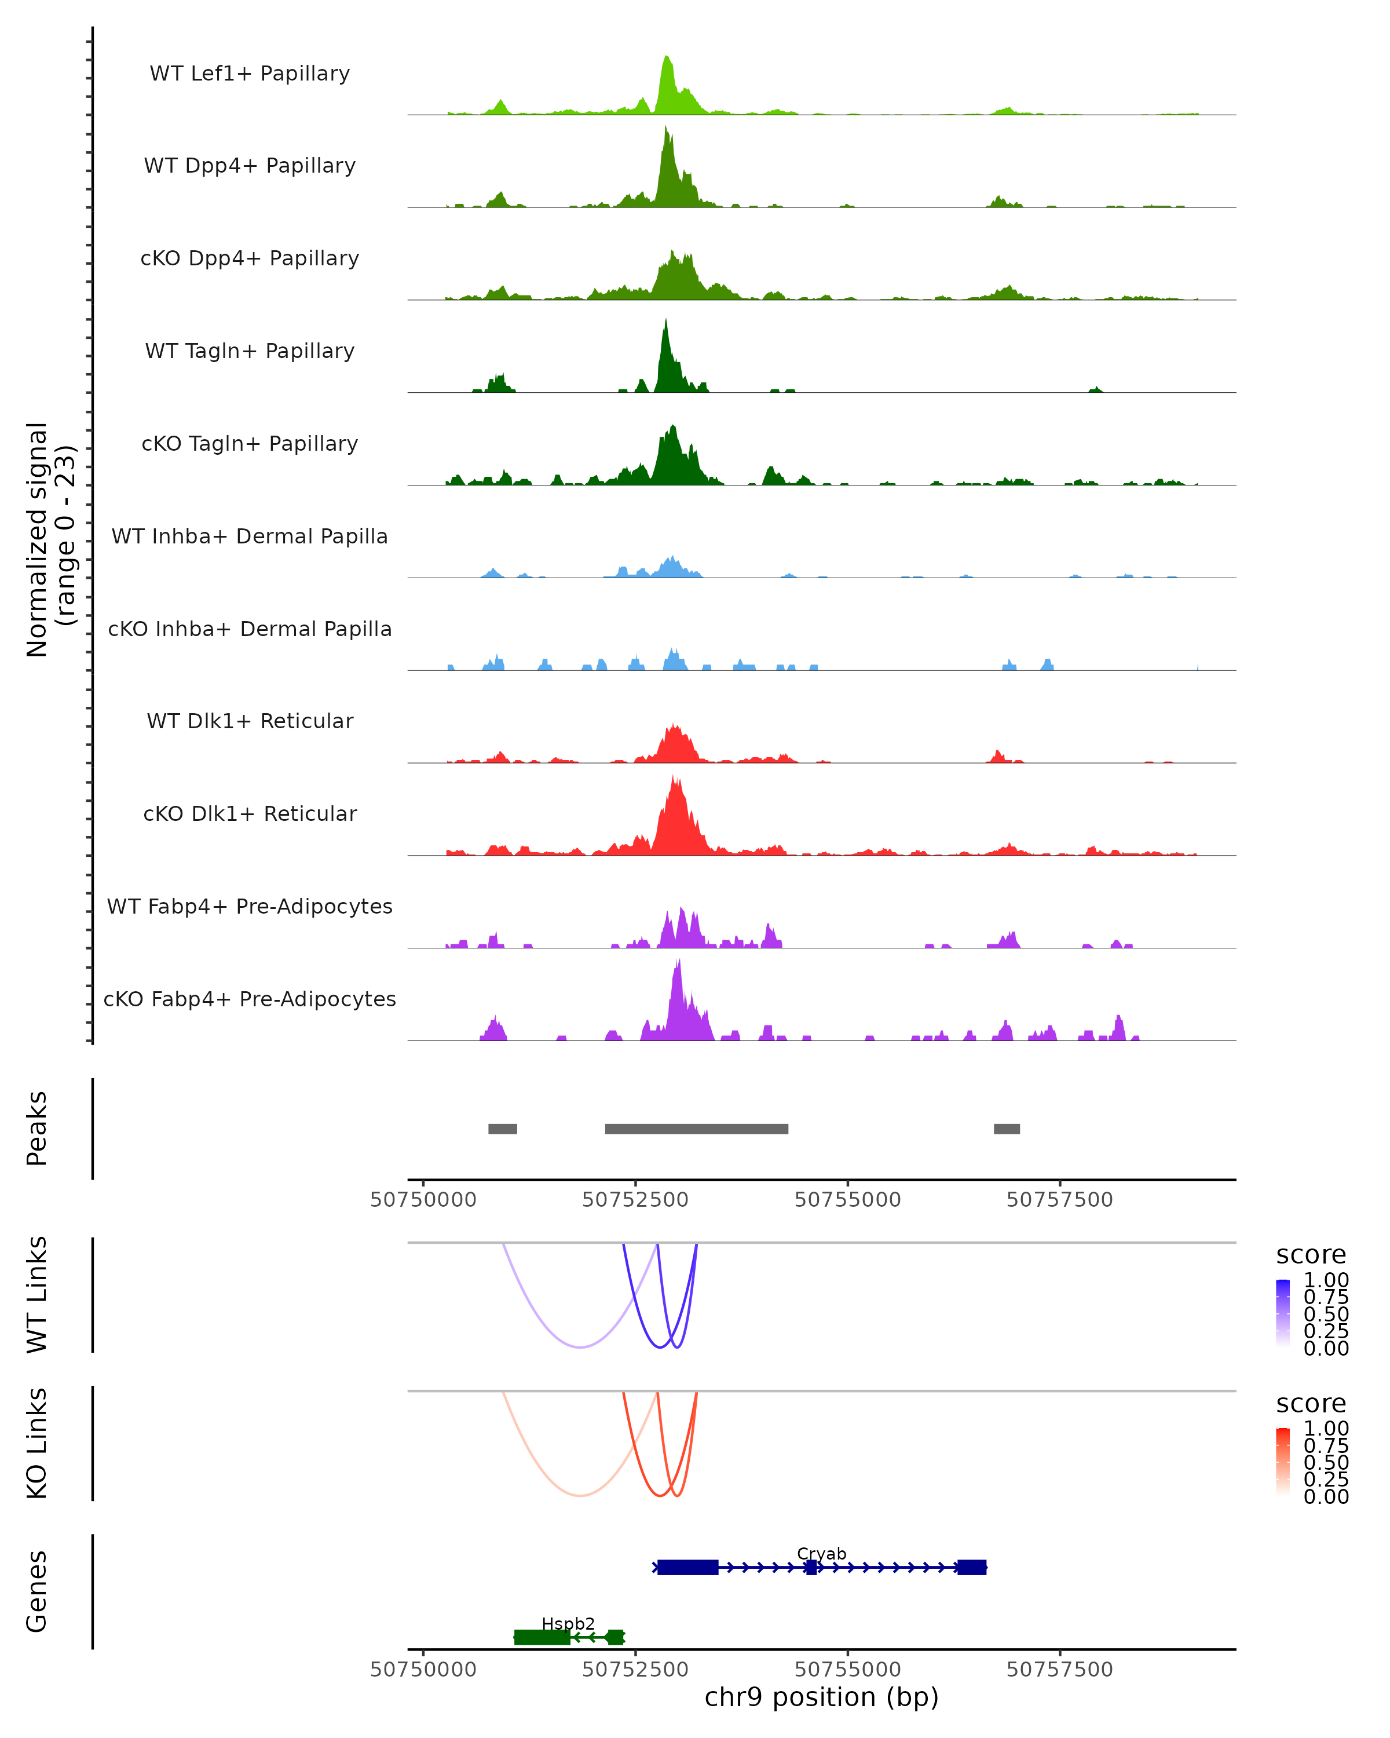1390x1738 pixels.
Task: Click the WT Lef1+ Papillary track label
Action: (250, 74)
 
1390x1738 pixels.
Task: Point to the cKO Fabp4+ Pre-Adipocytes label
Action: (250, 999)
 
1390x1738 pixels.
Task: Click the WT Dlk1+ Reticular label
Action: (250, 721)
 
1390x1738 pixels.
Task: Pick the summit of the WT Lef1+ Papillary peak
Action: (667, 58)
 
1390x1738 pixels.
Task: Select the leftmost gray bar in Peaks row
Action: (503, 1129)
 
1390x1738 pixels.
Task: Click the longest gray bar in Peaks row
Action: (696, 1129)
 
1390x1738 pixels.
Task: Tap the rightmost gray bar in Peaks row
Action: (1007, 1129)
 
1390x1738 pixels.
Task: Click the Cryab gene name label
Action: (821, 1553)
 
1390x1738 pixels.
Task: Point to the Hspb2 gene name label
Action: (568, 1623)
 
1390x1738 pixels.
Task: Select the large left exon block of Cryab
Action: (687, 1567)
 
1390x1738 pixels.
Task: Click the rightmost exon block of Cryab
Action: (972, 1567)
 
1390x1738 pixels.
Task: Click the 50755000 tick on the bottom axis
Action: (848, 1668)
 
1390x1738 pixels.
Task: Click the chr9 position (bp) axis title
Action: (821, 1697)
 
